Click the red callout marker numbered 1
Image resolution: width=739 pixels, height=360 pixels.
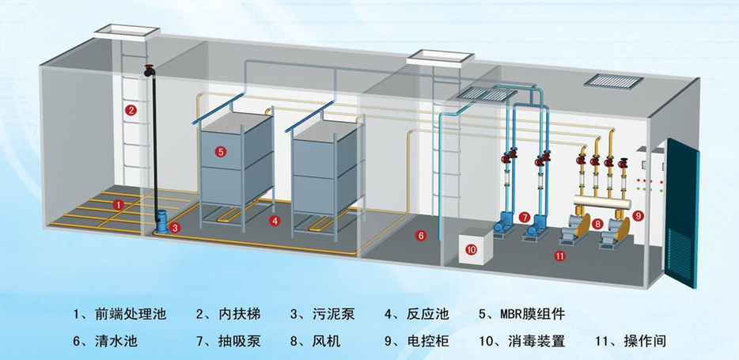point(118,205)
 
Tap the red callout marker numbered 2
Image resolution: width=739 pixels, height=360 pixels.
point(131,111)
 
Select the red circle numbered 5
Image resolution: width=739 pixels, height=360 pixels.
point(221,151)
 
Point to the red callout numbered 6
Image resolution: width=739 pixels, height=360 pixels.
point(421,235)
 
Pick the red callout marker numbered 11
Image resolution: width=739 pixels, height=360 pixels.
point(559,256)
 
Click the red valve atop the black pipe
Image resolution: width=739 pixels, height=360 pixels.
point(150,70)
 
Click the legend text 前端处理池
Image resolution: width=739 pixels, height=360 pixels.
point(131,314)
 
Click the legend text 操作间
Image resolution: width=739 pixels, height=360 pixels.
point(645,342)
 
